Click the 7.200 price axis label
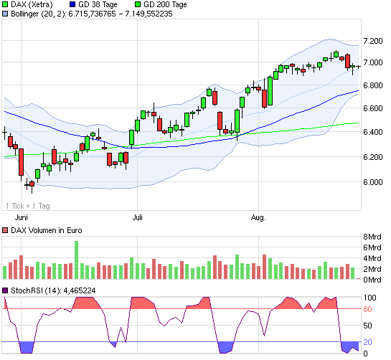tap(374, 42)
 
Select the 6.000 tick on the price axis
tap(374, 182)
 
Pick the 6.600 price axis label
tap(374, 108)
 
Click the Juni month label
tap(22, 215)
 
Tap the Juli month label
tap(138, 215)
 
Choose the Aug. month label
tap(258, 215)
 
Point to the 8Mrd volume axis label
tap(374, 237)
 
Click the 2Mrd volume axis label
tap(374, 268)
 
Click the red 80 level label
tap(367, 310)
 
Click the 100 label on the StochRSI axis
tap(369, 297)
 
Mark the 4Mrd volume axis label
tap(374, 257)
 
